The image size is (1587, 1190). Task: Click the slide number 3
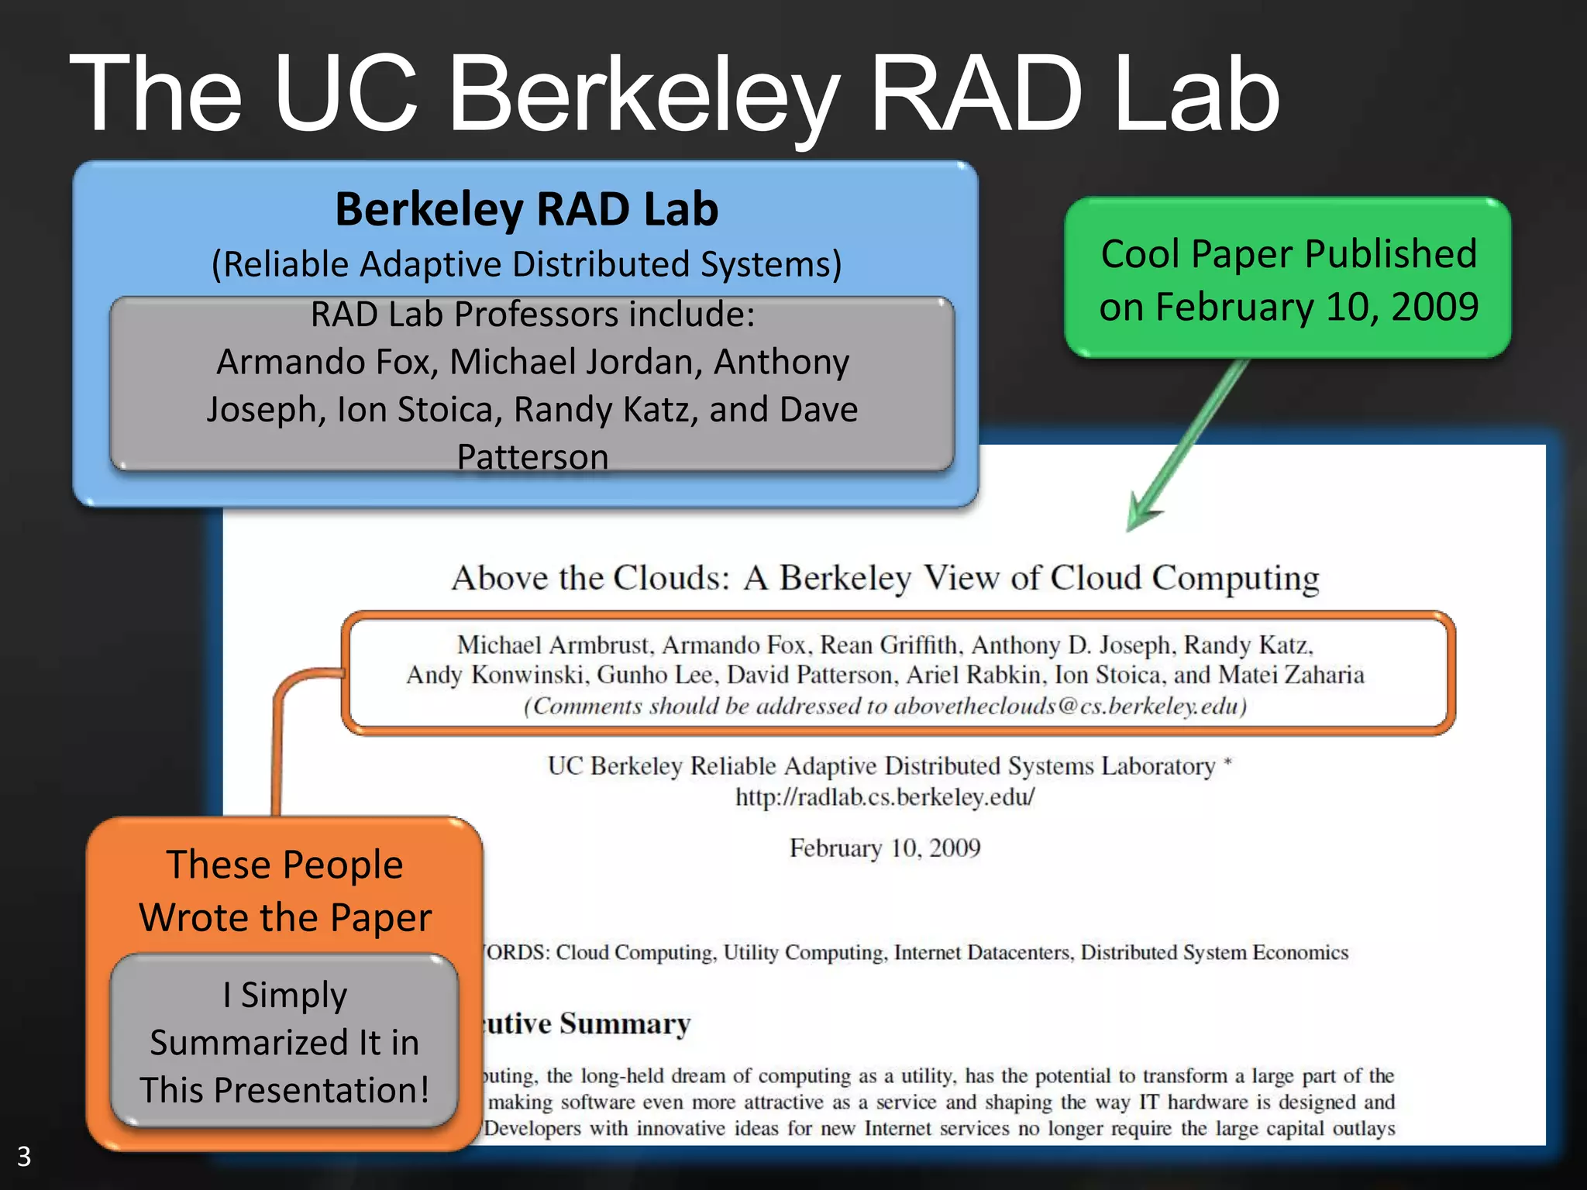point(24,1156)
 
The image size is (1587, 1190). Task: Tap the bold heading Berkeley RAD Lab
point(526,209)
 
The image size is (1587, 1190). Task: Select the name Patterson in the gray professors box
point(532,456)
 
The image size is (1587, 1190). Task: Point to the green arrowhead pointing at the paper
point(1139,515)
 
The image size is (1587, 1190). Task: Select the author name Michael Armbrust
point(555,645)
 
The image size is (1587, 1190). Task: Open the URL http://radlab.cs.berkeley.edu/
point(885,796)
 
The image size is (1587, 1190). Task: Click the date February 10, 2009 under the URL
point(885,848)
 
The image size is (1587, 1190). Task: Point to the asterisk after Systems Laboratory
point(1227,762)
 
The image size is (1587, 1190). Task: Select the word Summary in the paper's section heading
point(625,1023)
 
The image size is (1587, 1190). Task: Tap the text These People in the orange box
point(284,865)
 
